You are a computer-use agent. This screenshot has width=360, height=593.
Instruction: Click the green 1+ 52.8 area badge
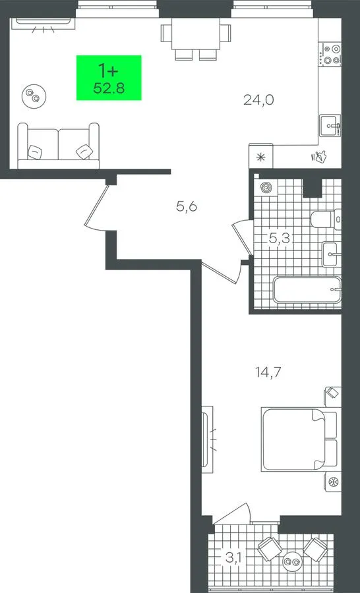pos(109,78)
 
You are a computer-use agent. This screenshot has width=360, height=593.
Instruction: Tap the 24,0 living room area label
pos(258,100)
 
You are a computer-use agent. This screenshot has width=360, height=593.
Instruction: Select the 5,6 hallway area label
pos(187,206)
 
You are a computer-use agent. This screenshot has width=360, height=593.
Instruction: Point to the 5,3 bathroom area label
pos(280,239)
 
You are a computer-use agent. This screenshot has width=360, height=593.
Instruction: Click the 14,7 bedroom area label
pos(268,372)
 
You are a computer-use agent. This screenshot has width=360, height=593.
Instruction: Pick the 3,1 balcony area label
pos(234,557)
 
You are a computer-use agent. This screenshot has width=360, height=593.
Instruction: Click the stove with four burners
pos(331,54)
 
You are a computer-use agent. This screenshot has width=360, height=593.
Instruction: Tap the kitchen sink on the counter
pos(330,125)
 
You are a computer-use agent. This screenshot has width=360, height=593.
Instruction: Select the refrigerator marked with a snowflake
pos(260,155)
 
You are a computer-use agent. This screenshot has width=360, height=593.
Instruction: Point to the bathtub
pos(307,290)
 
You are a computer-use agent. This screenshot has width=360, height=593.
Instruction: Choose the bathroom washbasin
pos(332,254)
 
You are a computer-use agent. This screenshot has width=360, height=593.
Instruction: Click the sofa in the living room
pos(58,146)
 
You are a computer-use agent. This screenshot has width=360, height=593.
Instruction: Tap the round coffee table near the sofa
pos(34,96)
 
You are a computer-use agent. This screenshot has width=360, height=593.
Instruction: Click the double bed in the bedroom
pos(299,439)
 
